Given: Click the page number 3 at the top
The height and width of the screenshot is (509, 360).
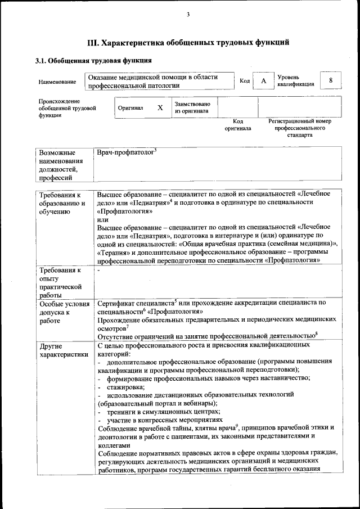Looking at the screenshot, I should (x=188, y=15).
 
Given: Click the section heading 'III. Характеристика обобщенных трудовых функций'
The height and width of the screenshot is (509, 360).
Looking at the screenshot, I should (x=188, y=42).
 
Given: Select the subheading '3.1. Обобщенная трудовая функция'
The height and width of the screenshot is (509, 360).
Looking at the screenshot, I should (x=93, y=60).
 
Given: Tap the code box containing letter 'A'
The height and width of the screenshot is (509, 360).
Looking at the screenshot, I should (x=263, y=81).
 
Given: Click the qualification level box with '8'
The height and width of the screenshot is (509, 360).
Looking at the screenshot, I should (x=331, y=80).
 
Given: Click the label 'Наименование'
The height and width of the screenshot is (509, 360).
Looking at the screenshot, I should (x=57, y=82).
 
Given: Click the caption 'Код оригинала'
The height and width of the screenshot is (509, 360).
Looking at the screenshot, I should (x=238, y=125).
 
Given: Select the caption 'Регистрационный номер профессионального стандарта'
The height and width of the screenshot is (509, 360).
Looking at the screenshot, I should (x=299, y=128).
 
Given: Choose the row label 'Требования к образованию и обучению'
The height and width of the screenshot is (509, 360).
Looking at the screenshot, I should (x=61, y=203).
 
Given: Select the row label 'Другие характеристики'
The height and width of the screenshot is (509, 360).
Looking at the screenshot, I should (x=61, y=350).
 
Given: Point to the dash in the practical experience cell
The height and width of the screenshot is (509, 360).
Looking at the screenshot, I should (x=98, y=271).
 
